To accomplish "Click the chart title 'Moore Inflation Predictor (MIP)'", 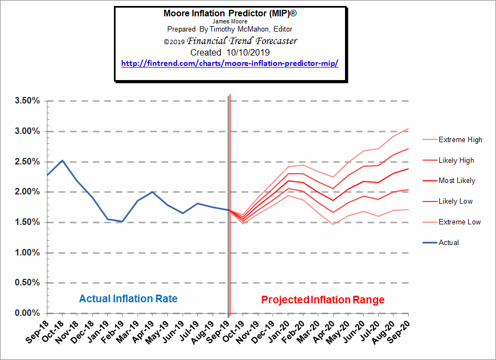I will click(x=223, y=13).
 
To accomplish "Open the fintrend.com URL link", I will click(x=229, y=64).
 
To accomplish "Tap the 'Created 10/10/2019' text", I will click(x=223, y=53).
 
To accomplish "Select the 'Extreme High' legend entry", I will click(x=460, y=140).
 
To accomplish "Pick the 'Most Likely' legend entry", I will click(x=457, y=181).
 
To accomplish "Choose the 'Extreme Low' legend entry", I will click(x=459, y=222).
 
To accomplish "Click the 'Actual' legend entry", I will click(x=449, y=242).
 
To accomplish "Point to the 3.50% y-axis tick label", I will click(x=27, y=101).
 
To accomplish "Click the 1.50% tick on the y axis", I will click(x=27, y=223).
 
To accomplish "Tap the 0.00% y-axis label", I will click(x=27, y=313).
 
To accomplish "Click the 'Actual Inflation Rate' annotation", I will click(x=128, y=299).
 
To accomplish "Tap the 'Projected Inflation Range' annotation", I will click(x=323, y=300).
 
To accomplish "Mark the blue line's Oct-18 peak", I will click(x=63, y=161).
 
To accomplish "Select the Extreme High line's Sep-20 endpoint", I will click(x=408, y=129).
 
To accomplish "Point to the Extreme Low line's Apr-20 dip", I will click(x=333, y=224).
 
